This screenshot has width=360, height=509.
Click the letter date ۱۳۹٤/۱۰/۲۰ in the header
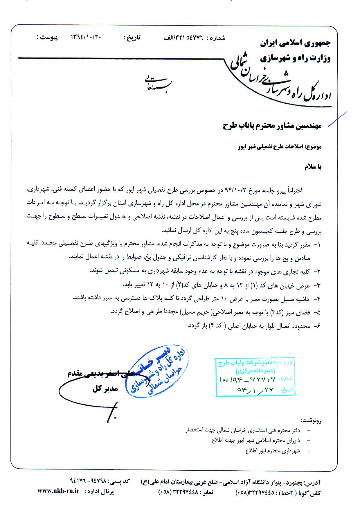[86, 38]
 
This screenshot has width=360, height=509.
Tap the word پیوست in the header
[49, 38]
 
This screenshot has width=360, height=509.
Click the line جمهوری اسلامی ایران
[295, 44]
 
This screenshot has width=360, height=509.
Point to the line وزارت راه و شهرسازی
[295, 58]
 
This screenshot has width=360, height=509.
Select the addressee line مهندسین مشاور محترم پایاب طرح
[272, 126]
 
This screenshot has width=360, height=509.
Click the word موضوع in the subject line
[314, 147]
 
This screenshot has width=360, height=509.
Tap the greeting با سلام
[313, 167]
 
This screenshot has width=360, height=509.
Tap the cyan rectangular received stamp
[255, 377]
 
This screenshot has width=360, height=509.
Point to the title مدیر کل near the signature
[105, 389]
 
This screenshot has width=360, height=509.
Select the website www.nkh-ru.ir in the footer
[58, 491]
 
